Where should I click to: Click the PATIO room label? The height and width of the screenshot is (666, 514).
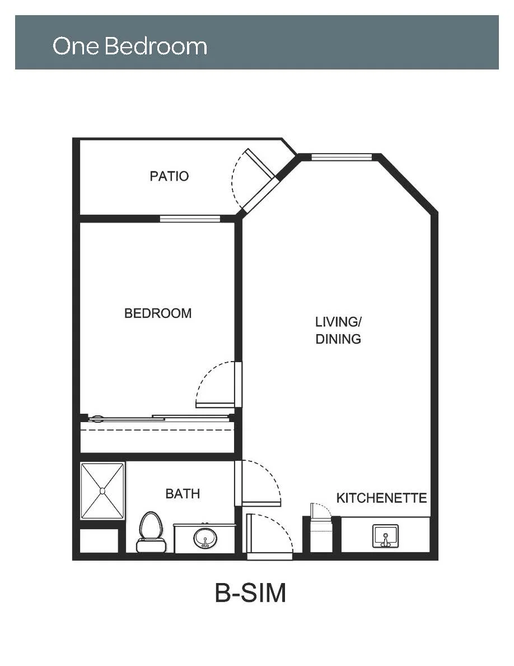coord(169,176)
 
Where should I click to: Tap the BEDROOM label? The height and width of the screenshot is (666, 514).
coord(158,313)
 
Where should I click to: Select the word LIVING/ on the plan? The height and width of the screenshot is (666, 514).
coord(338,322)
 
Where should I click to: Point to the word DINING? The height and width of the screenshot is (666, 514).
coord(338,339)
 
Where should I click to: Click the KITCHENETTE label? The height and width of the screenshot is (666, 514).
coord(381,498)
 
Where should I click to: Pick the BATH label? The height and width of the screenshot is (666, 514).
coord(183,493)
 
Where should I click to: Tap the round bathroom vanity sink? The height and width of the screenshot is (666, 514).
coord(205,538)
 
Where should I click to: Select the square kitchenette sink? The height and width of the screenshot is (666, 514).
coord(385,536)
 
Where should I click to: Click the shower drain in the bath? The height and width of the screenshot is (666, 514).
coord(102,491)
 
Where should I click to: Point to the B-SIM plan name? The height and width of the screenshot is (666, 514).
coord(251,593)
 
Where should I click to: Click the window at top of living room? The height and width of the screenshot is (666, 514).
coord(342,157)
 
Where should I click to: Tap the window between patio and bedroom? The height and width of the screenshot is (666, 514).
coord(190,219)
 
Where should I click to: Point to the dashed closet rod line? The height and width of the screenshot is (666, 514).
coord(157,430)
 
